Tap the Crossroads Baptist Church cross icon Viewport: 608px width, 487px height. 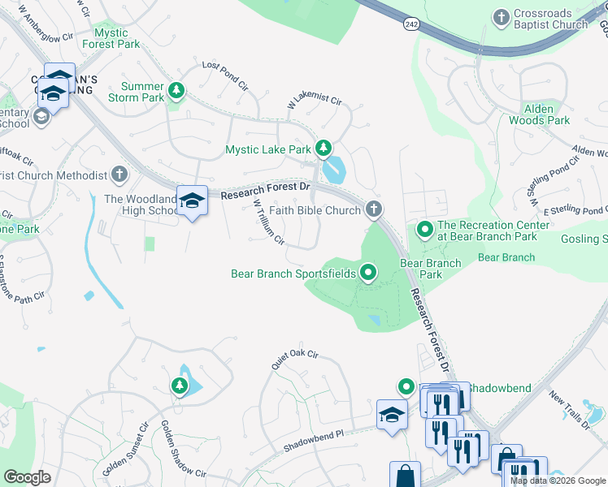[501, 16]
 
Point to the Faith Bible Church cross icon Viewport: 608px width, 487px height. [373, 210]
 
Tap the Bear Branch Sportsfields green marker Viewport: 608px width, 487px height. [368, 274]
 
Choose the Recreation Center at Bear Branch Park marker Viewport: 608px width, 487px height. [424, 231]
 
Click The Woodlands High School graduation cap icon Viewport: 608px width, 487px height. [192, 200]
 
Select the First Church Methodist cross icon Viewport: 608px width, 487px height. [119, 175]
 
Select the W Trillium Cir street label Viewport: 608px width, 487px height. [268, 222]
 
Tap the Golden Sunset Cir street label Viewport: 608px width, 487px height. [124, 446]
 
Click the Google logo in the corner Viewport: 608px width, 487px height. [27, 477]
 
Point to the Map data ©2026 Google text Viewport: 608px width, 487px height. [558, 481]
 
